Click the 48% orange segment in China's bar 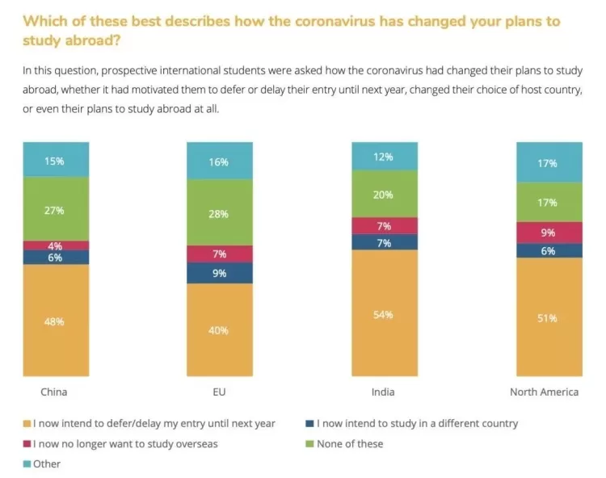coord(56,320)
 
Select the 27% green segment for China coord(56,209)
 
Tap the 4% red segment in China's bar coord(56,245)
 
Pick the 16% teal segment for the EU coord(220,161)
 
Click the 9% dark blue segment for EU coord(220,274)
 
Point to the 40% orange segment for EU coord(220,329)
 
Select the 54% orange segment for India coord(385,312)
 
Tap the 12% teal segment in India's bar coord(385,156)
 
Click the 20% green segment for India coord(385,194)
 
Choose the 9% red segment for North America coord(549,233)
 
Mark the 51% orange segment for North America coord(549,317)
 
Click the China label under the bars coord(53,392)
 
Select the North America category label coord(544,392)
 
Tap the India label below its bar coord(383,392)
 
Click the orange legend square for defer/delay coord(27,424)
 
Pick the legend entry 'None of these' coord(345,443)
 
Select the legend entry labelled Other coord(42,463)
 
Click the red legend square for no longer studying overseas coord(27,443)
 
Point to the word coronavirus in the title coord(335,21)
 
